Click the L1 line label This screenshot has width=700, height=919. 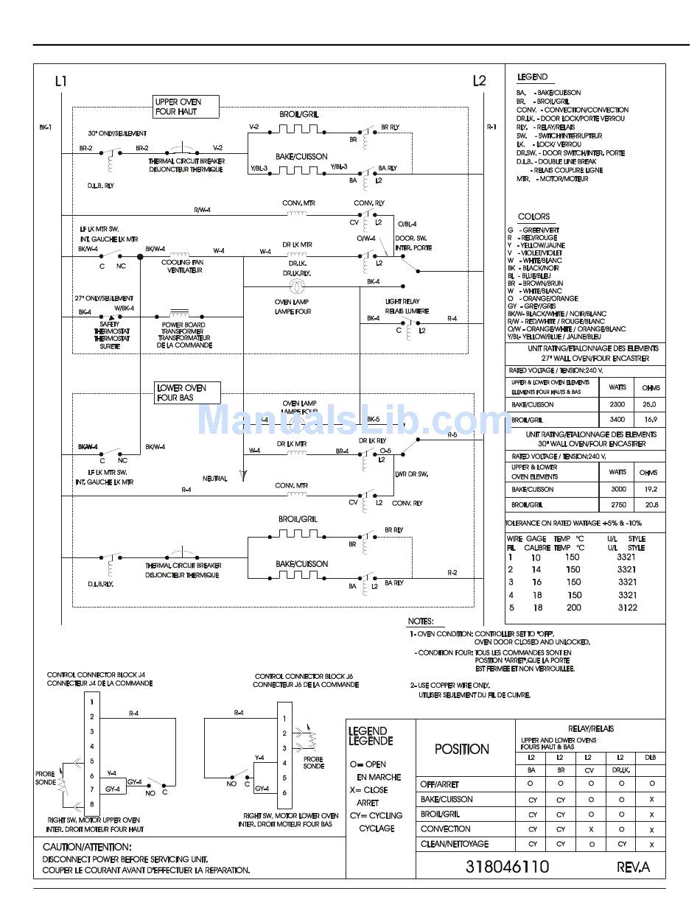point(61,81)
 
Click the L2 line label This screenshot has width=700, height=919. point(480,81)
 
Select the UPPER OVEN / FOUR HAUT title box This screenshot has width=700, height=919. point(186,107)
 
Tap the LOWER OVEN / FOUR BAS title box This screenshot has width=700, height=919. point(188,392)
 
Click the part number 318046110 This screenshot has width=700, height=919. point(507,867)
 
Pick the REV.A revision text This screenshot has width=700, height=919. point(633,867)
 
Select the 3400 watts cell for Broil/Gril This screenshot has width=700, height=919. point(617,420)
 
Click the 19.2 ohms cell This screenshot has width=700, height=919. point(651,489)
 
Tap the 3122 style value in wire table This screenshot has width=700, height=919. point(626,608)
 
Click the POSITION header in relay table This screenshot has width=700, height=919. point(462,749)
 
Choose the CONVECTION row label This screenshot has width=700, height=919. point(445,828)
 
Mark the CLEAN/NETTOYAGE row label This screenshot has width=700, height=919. point(454,844)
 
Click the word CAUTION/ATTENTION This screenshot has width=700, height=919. point(87,848)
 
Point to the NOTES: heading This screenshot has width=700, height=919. point(421,622)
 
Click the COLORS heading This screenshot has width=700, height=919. point(533,216)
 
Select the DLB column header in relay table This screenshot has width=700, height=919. point(651,757)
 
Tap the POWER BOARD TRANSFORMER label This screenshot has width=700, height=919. point(183,335)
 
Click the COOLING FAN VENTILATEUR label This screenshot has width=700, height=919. point(182,266)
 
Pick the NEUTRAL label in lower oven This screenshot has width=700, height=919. point(215,479)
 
